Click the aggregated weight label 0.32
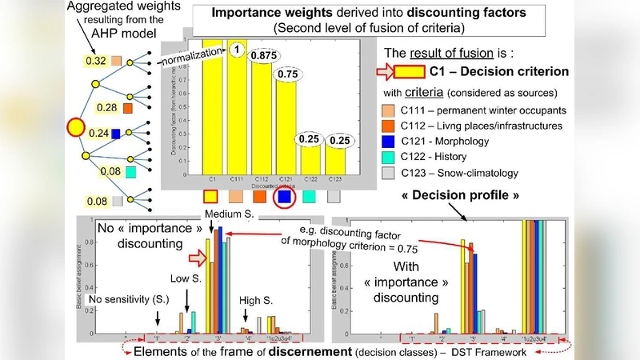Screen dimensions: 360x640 click(95, 61)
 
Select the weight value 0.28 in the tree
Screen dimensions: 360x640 click(106, 107)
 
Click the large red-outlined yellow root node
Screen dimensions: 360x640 click(75, 126)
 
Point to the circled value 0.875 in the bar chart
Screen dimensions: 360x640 click(262, 55)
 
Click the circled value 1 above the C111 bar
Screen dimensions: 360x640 click(237, 50)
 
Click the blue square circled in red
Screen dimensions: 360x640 click(283, 195)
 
